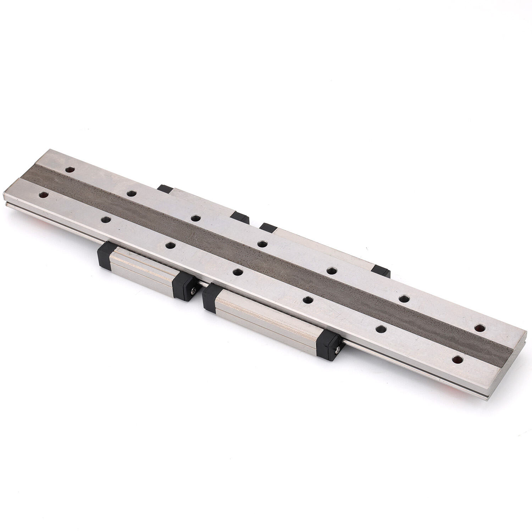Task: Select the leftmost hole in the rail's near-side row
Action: click(44, 195)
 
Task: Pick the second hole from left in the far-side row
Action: click(132, 193)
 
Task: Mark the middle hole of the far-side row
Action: click(262, 244)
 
